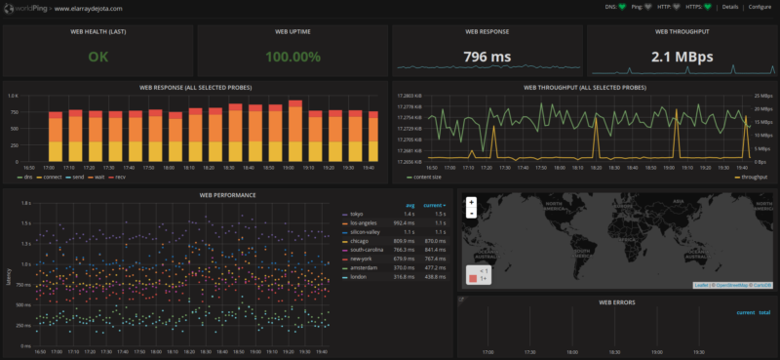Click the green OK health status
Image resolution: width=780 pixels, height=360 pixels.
[x=98, y=57]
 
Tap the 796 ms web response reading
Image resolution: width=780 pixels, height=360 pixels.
[x=487, y=57]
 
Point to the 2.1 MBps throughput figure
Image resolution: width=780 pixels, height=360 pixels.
[x=681, y=57]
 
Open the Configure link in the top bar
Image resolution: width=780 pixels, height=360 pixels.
[x=759, y=7]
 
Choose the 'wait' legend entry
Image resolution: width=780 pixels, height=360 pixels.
[x=97, y=177]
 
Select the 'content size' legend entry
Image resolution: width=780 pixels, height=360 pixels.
[x=426, y=177]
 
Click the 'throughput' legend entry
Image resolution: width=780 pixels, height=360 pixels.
[x=754, y=177]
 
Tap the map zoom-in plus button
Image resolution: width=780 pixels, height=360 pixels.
[x=471, y=202]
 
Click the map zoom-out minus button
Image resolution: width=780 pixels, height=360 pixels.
[x=471, y=212]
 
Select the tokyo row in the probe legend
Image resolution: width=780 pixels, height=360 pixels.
[x=356, y=214]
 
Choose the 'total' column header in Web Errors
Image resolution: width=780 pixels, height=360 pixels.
[x=763, y=312]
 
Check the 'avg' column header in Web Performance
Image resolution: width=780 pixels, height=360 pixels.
[x=410, y=205]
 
